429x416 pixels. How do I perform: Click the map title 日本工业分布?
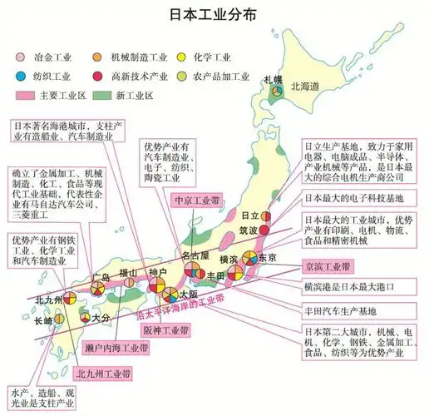(214, 16)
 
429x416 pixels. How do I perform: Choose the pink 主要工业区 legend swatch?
(26, 94)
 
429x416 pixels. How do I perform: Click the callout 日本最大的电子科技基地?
(347, 198)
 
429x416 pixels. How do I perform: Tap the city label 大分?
(101, 317)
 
